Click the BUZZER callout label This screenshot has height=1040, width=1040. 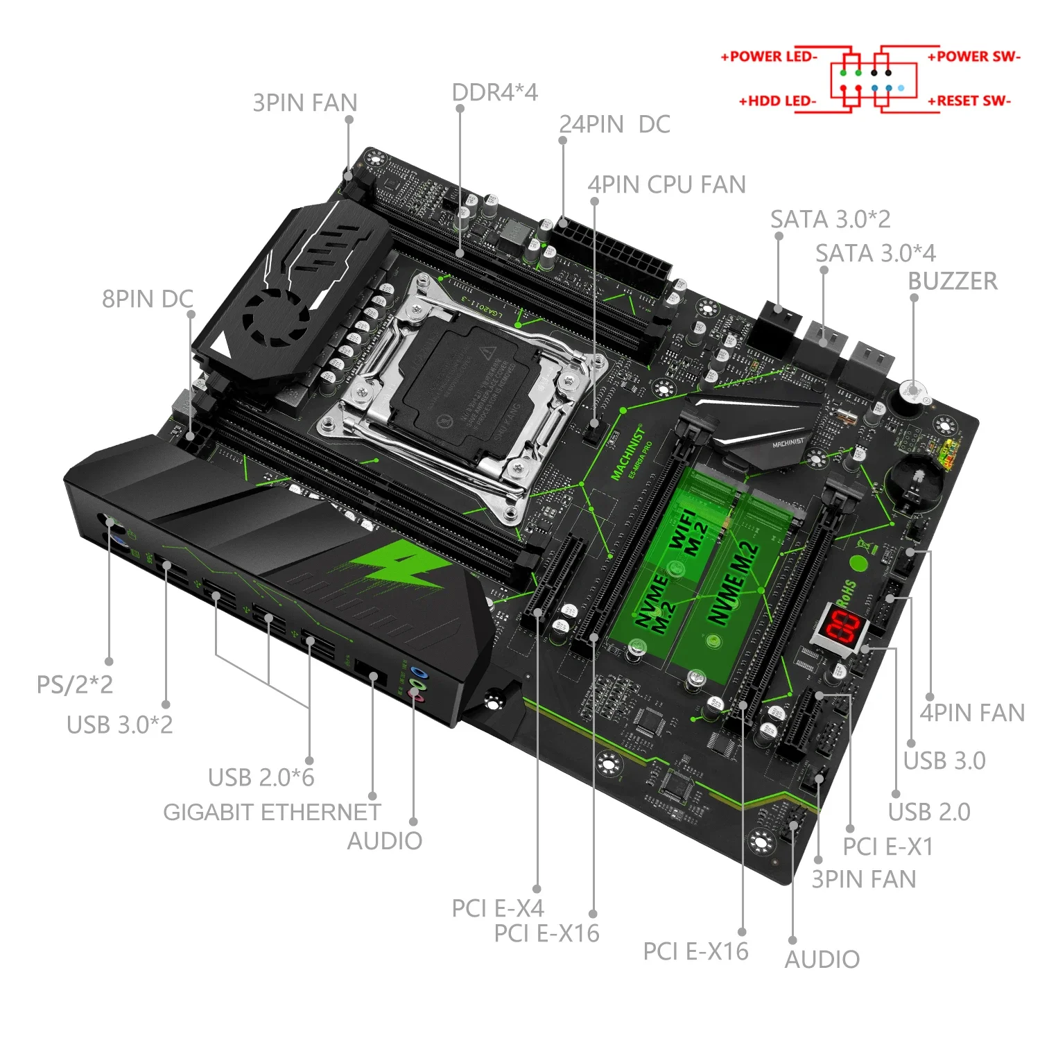952,281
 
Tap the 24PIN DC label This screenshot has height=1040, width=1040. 614,125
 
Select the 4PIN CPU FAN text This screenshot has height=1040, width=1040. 666,185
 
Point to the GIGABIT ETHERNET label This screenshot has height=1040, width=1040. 272,812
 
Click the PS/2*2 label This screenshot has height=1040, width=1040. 74,685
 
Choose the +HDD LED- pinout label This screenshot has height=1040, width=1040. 777,101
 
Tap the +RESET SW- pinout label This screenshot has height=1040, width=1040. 969,101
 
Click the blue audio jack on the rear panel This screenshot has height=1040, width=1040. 417,672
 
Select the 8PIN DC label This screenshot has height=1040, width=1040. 147,300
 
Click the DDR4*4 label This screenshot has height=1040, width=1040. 494,93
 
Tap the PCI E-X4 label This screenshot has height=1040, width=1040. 497,908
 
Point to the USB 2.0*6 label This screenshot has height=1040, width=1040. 261,778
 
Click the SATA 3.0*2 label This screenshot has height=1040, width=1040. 830,220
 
